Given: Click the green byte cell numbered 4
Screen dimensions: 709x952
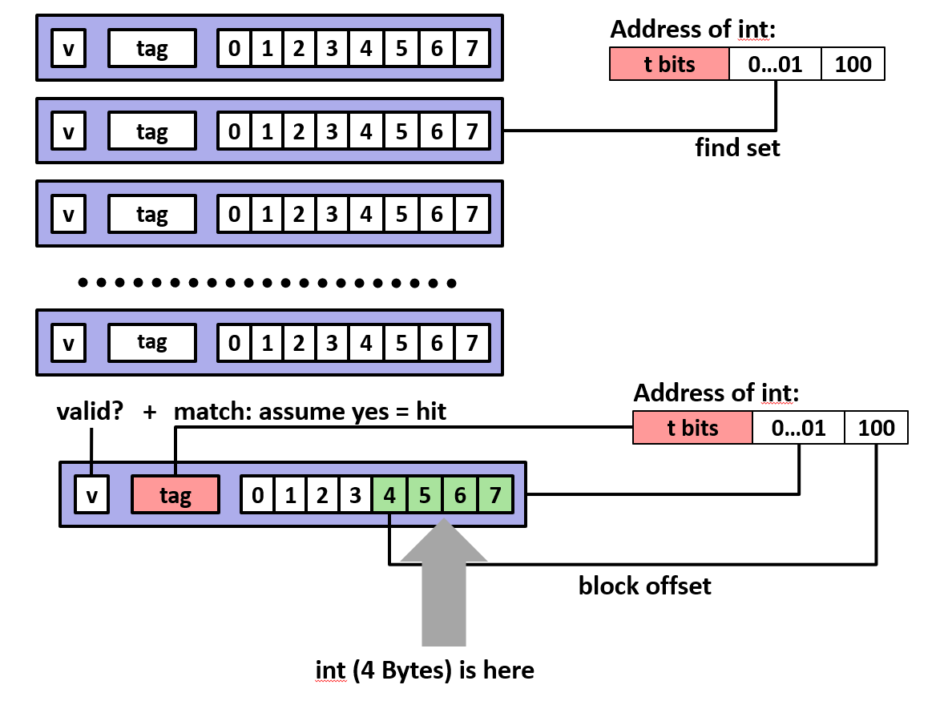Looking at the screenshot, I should coord(389,495).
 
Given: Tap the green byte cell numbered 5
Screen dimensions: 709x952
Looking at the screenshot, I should coord(425,495).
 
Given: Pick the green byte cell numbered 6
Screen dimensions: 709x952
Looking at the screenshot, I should coord(460,495).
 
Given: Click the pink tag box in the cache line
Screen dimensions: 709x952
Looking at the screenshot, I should coord(175,495).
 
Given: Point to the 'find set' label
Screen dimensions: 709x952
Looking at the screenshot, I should coord(737,148).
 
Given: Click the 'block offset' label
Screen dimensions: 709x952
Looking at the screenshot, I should coord(644,586).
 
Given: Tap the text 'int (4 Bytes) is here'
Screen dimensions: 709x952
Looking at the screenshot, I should coord(424,670).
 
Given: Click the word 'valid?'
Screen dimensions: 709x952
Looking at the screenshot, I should coord(91,413).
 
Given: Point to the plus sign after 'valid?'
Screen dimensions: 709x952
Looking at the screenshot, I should coord(149,413).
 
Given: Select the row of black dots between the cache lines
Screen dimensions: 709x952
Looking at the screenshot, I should coord(268,283).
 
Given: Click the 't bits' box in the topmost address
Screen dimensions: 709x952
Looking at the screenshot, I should coord(669,64).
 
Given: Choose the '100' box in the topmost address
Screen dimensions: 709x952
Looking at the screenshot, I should coord(853,64).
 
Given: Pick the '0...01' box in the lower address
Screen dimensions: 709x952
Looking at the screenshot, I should coord(798,428).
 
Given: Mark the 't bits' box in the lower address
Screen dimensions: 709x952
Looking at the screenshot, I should coord(692,428).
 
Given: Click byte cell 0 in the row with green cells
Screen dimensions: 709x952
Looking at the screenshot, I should coord(257,495).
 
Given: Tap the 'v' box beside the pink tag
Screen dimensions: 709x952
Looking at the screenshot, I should coord(91,495).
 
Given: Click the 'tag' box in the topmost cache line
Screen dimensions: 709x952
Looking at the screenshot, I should coord(151,49).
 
